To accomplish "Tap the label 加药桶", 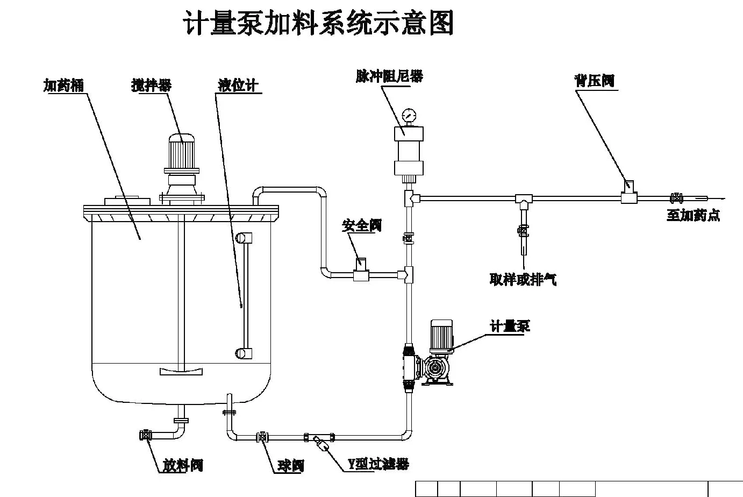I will point(63,85).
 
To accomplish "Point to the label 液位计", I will point(238,85).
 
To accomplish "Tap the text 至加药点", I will point(693,215).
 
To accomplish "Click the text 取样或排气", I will point(523,279).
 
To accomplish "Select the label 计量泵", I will point(510,326).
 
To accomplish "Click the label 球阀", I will point(290,465).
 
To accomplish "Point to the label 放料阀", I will point(183,465).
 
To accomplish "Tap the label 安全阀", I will point(362,225).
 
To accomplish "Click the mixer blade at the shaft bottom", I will point(182,371).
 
